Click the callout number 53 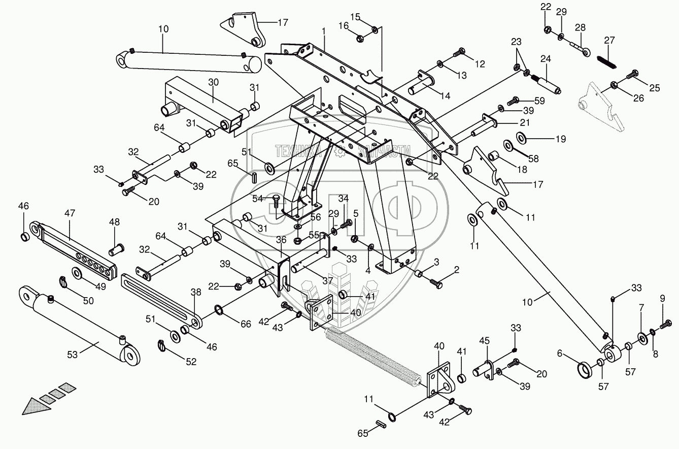pyautogui.click(x=73, y=354)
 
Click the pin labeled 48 pyautogui.click(x=115, y=249)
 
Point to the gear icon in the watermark pyautogui.click(x=343, y=150)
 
